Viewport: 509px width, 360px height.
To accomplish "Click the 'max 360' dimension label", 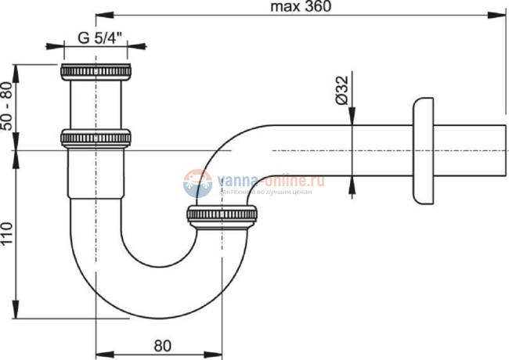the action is tap(301, 6).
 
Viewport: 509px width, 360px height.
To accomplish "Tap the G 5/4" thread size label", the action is tap(99, 38).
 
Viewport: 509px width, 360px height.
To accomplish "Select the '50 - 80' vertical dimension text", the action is tap(7, 106).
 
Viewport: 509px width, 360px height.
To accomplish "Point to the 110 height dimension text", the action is tap(7, 233).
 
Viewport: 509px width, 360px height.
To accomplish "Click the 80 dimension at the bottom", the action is tap(162, 346).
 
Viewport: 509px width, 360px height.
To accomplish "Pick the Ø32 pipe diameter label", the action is tap(342, 90).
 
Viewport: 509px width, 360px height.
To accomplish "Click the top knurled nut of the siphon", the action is tap(96, 72).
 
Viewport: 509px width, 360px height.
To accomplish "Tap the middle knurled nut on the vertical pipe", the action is tap(96, 139).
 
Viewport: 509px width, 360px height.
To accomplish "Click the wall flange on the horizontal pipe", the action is tap(423, 151).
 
